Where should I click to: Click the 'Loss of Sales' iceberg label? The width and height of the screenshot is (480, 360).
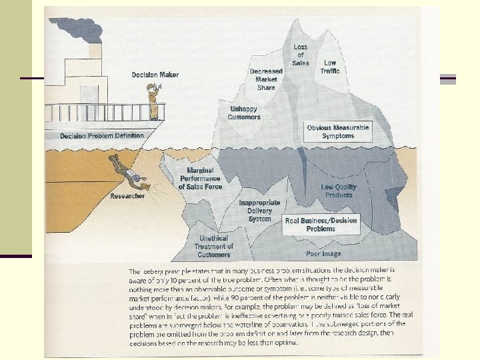click(301, 55)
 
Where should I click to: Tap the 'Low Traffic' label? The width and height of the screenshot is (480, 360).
click(329, 67)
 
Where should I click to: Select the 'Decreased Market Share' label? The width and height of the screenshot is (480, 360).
click(266, 79)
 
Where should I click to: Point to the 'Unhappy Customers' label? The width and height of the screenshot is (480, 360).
click(244, 113)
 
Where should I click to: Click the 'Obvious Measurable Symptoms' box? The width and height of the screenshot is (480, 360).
click(338, 131)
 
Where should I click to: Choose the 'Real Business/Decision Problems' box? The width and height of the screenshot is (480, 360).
click(321, 224)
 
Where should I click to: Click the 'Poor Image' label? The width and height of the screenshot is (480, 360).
click(323, 253)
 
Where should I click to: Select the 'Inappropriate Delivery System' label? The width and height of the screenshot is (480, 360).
click(259, 210)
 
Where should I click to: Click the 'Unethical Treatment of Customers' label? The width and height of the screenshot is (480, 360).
click(214, 246)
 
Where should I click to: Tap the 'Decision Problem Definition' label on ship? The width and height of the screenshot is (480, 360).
click(101, 135)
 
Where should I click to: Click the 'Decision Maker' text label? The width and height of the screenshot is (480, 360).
click(155, 75)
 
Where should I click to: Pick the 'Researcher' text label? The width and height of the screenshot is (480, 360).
click(127, 196)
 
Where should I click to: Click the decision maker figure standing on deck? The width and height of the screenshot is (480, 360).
click(154, 101)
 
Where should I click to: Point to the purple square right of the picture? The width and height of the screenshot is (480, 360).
click(448, 79)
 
